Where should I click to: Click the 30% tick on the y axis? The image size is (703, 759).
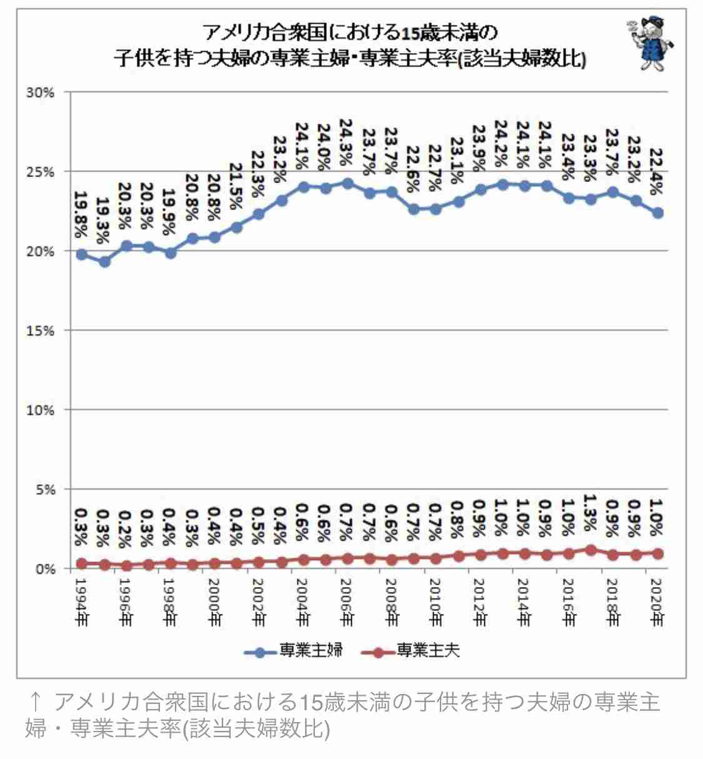point(41,93)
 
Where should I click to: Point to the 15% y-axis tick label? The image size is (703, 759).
point(41,331)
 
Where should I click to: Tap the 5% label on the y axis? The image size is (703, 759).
point(44,490)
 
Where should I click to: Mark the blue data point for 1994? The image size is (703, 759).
point(82,254)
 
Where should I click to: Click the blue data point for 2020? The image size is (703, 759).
point(657,213)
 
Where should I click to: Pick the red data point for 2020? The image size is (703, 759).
point(657,553)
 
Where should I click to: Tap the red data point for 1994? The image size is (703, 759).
point(82,564)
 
